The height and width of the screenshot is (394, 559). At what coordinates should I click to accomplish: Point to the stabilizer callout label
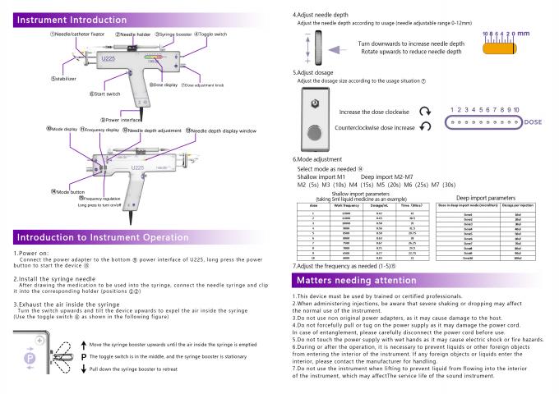click(x=67, y=79)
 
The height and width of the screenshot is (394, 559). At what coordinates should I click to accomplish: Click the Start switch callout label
click(x=107, y=94)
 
